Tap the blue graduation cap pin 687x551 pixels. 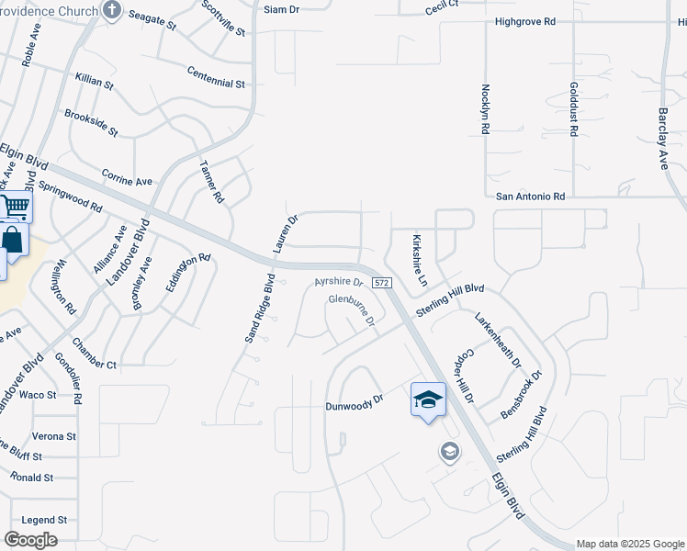pos(428,400)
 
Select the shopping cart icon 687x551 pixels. pos(15,207)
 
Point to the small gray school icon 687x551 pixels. pos(449,451)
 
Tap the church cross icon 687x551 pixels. pos(112,11)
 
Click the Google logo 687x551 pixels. pos(30,540)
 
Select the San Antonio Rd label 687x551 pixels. pos(530,197)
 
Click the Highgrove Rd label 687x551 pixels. pos(551,20)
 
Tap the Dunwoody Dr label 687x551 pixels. pos(353,405)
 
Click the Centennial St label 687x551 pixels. pos(216,76)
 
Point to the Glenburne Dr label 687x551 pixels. pos(353,310)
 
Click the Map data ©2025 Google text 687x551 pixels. pos(629,544)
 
